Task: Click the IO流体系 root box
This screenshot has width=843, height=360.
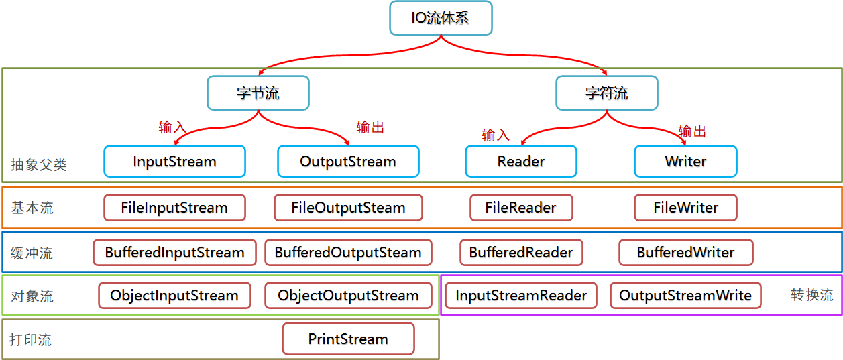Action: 441,18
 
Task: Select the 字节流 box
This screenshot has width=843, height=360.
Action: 258,93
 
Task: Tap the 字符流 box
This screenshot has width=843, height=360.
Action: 607,93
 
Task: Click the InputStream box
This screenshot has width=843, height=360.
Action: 174,162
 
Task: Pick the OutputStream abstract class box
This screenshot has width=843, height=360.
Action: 348,162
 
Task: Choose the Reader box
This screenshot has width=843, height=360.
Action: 521,162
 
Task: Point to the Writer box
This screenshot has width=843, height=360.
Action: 685,162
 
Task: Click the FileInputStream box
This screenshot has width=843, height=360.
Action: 174,208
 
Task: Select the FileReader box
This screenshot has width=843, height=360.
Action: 521,208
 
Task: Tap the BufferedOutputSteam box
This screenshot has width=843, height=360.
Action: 348,253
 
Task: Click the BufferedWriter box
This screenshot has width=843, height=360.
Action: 685,253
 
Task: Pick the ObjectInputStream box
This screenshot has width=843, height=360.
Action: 174,296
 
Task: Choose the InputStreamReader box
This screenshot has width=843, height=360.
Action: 521,296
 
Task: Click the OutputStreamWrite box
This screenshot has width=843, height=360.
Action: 685,296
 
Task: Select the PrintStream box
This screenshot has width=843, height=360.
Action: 348,339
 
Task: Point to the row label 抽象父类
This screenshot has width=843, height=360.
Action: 38,164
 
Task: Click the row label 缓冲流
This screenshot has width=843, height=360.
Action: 32,253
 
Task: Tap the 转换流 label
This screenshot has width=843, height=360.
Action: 811,295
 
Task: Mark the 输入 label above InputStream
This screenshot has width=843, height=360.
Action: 172,127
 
